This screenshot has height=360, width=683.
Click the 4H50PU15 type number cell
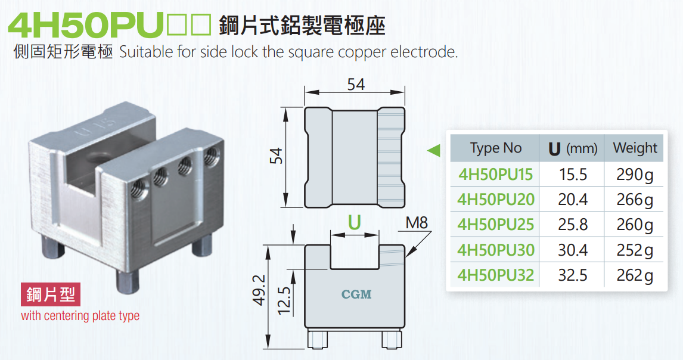coord(495,175)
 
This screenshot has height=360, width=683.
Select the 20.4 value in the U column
coord(573,200)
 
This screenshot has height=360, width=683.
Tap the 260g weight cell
coord(635,225)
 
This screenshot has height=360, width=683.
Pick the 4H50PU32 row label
coord(495,275)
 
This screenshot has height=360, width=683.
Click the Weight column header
coord(635,148)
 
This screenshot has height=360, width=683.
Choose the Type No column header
coord(495,148)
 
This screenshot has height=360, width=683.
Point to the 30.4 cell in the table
coord(573,250)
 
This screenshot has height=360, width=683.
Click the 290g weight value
coord(635,175)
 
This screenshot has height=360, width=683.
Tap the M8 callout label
coord(417,224)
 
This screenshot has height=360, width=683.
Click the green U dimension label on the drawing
coord(355,222)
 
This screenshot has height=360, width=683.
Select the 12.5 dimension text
coord(284,300)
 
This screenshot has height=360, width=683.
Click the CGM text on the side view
coord(356,294)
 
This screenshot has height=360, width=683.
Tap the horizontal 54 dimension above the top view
coord(356,85)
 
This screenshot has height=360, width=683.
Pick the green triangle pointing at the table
coord(434,150)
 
